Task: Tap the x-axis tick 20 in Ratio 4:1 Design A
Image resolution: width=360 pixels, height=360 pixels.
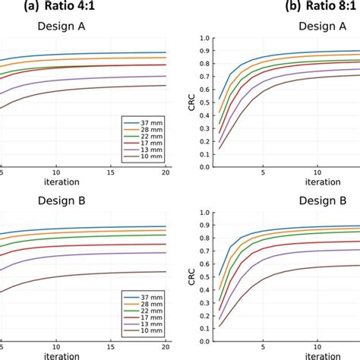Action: (x=166, y=173)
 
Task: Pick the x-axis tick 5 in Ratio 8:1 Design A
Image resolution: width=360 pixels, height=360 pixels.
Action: (x=263, y=173)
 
